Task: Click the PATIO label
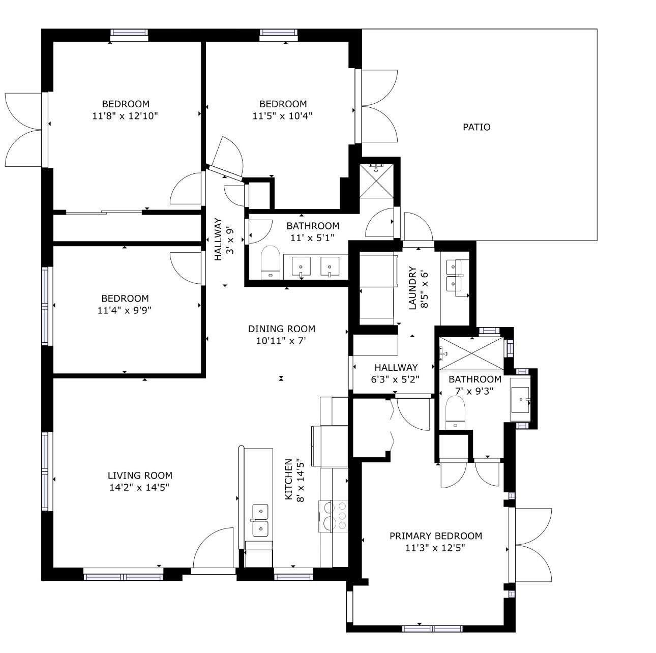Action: (x=476, y=127)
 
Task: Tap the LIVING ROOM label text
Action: (x=140, y=476)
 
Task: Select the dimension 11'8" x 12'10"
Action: (x=125, y=116)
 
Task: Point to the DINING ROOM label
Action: (x=282, y=329)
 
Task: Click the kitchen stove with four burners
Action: (x=333, y=516)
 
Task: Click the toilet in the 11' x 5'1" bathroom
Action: (x=271, y=262)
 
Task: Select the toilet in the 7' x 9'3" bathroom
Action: (x=455, y=412)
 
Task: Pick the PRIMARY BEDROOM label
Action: (x=436, y=536)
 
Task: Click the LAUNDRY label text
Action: (x=412, y=288)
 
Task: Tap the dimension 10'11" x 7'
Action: (x=281, y=341)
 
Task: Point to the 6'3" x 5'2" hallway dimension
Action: (x=395, y=379)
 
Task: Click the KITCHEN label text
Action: (x=288, y=480)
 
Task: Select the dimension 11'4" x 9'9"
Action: (x=124, y=311)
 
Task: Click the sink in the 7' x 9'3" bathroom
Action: (x=520, y=399)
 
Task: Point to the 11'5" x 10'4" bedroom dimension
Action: (x=282, y=116)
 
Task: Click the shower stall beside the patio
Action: (x=376, y=181)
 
